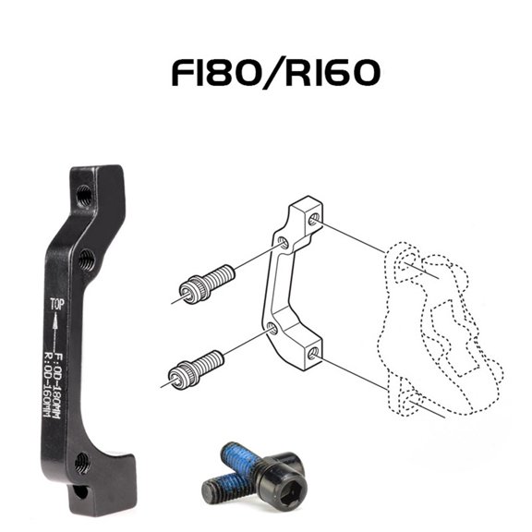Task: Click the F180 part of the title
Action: (x=217, y=74)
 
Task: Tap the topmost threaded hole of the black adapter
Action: (x=84, y=195)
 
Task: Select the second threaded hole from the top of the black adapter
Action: (x=85, y=257)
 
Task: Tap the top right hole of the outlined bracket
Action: (x=316, y=219)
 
